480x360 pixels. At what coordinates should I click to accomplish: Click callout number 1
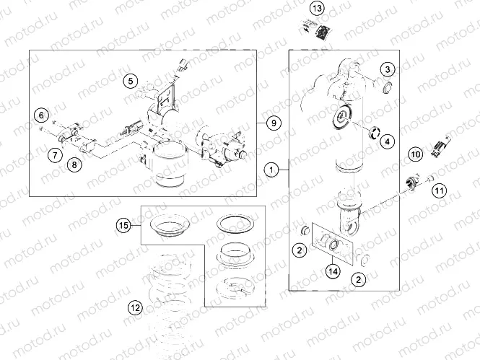point(271,170)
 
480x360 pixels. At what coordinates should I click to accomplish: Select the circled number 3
point(388,69)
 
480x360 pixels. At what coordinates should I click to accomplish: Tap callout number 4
point(388,141)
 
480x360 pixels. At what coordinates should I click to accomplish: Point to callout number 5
point(130,80)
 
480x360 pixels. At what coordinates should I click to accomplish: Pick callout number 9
point(273,123)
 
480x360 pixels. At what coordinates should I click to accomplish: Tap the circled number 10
point(415,154)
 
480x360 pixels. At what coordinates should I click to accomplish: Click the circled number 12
point(134,307)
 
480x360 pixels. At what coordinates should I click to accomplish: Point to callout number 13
point(318,9)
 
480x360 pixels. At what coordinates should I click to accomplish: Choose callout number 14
point(333,271)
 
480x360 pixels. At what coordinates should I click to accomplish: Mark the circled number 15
point(124,226)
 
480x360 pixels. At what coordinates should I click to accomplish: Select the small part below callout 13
point(318,30)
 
